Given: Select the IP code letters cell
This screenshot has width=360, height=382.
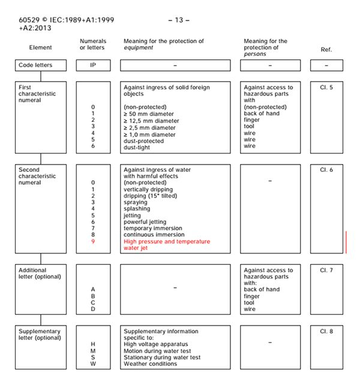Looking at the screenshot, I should click(x=93, y=65).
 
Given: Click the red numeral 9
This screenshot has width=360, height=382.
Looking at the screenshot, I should click(x=93, y=241).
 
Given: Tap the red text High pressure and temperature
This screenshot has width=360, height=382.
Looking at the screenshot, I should click(x=167, y=241).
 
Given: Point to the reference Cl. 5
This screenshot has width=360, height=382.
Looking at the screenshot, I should click(x=326, y=87).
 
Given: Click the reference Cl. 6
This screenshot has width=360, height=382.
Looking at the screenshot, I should click(x=326, y=170).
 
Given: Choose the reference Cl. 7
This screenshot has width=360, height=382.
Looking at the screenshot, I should click(x=326, y=270).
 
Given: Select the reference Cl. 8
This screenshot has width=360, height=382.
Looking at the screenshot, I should click(x=326, y=332).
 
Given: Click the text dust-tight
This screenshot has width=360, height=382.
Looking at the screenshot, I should click(x=138, y=146).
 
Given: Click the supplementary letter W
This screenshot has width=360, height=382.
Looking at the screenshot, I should click(x=93, y=364).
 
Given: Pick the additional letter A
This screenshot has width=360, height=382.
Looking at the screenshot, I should click(x=93, y=290).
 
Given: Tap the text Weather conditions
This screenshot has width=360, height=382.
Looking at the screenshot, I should click(x=151, y=364).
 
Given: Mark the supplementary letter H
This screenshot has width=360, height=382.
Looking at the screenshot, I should click(x=93, y=345).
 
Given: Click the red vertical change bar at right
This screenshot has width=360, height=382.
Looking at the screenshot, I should click(x=346, y=241).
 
